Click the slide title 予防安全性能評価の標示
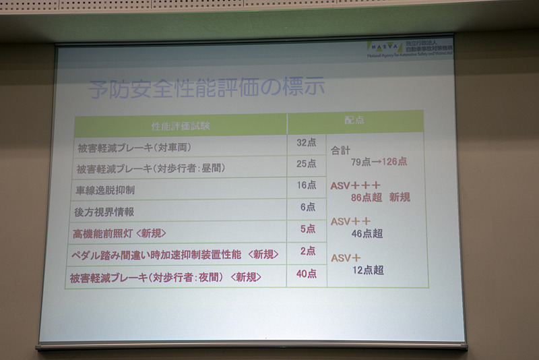pyautogui.click(x=208, y=88)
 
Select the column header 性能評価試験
pyautogui.click(x=181, y=125)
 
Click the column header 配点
pyautogui.click(x=354, y=119)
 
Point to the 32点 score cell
pyautogui.click(x=307, y=142)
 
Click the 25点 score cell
pyautogui.click(x=307, y=163)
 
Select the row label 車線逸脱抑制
pyautogui.click(x=105, y=190)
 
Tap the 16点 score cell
pyautogui.click(x=307, y=185)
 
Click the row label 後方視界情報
pyautogui.click(x=104, y=212)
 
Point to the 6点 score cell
pyautogui.click(x=307, y=207)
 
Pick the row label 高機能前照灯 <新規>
pyautogui.click(x=119, y=233)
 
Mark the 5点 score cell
pyautogui.click(x=307, y=229)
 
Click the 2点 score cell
pyautogui.click(x=307, y=251)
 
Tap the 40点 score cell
pyautogui.click(x=307, y=274)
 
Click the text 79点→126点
pyautogui.click(x=379, y=162)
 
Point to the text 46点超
pyautogui.click(x=367, y=233)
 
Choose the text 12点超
pyautogui.click(x=367, y=270)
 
